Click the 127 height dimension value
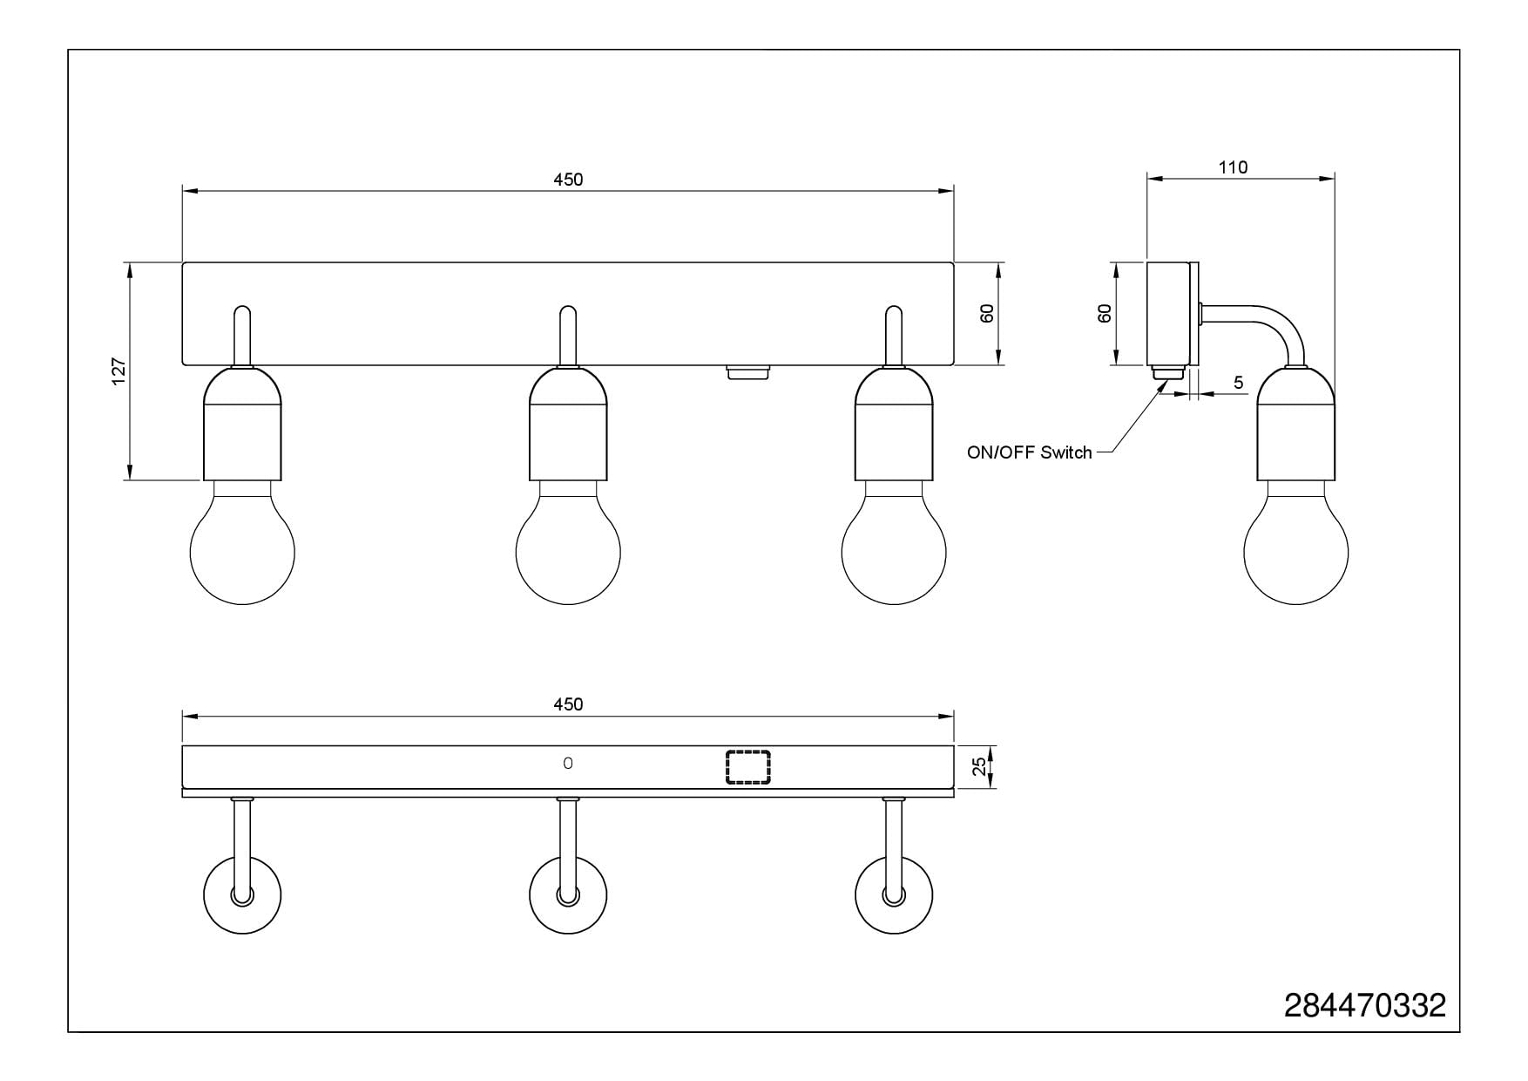click(x=119, y=371)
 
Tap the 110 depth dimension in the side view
click(x=1233, y=167)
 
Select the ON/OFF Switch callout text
click(x=1029, y=452)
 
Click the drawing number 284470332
click(x=1364, y=1005)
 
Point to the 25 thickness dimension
click(x=980, y=766)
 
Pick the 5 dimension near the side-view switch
click(x=1238, y=383)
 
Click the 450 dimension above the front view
click(x=568, y=180)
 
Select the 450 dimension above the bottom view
click(x=568, y=704)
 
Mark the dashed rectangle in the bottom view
click(x=748, y=767)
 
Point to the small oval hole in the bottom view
click(x=568, y=764)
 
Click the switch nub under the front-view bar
click(x=748, y=372)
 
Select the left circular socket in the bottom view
click(x=242, y=895)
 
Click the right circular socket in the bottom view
click(x=894, y=895)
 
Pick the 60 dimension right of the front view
click(x=987, y=314)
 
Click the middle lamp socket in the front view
click(x=568, y=424)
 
